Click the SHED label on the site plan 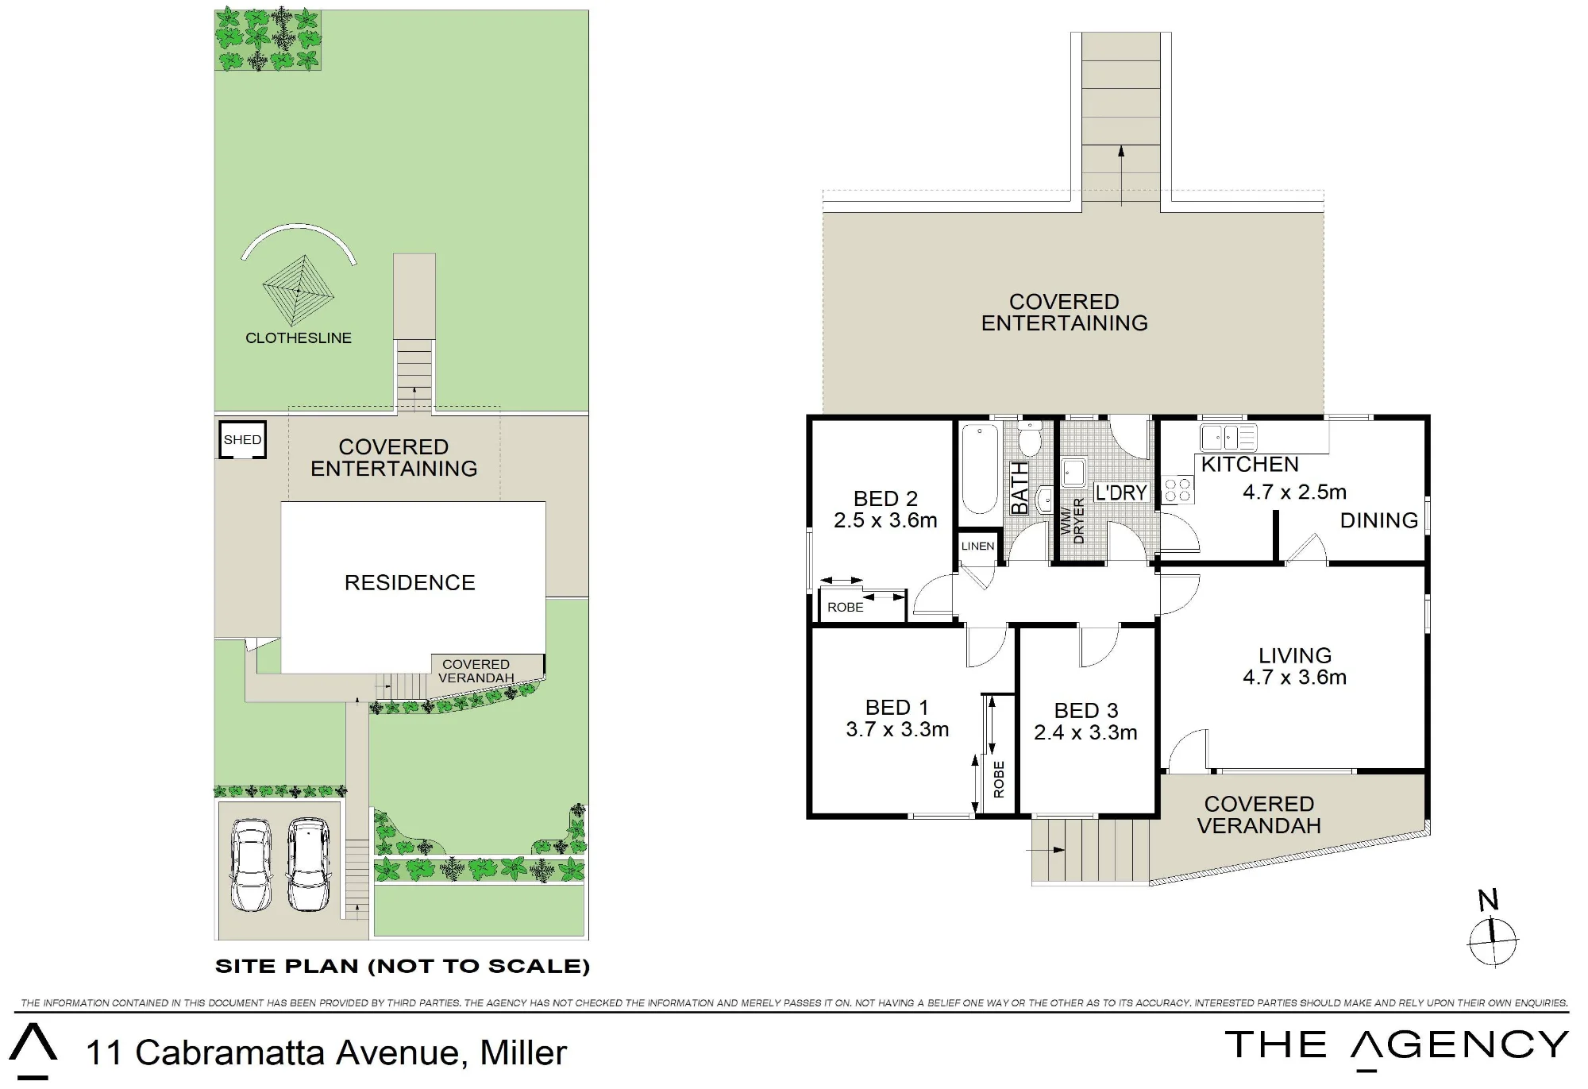click(242, 439)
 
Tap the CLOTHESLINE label click(299, 338)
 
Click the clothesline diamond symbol click(299, 291)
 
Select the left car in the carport click(251, 865)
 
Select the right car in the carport click(308, 865)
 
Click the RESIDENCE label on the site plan click(410, 583)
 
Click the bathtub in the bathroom click(981, 469)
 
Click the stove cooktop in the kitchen click(1178, 489)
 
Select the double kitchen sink click(1228, 438)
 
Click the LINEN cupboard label click(977, 546)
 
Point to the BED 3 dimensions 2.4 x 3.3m click(1085, 732)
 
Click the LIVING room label click(1295, 655)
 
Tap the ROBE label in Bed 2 click(846, 607)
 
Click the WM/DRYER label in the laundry click(1072, 521)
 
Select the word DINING click(1379, 520)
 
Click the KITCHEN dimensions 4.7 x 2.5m click(1294, 492)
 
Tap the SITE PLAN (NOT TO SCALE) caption click(403, 967)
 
